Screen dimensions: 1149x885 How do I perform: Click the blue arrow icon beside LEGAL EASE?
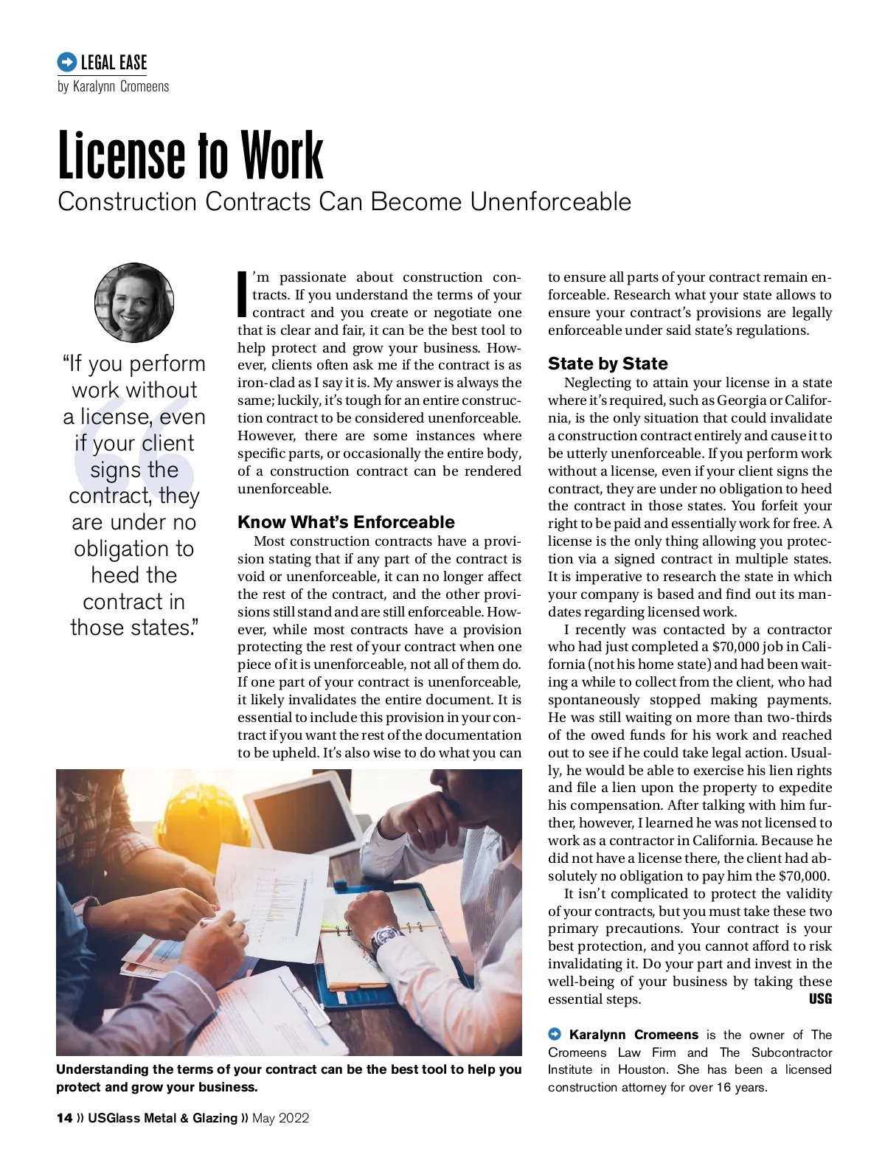pyautogui.click(x=66, y=62)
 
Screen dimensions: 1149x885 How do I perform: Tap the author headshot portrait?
pyautogui.click(x=134, y=302)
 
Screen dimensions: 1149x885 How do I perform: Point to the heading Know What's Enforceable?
pyautogui.click(x=346, y=522)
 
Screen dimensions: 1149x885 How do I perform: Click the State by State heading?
pyautogui.click(x=608, y=364)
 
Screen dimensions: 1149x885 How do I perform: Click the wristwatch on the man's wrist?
pyautogui.click(x=385, y=938)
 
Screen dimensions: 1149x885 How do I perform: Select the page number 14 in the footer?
pyautogui.click(x=64, y=1118)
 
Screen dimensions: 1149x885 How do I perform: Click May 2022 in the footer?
pyautogui.click(x=280, y=1118)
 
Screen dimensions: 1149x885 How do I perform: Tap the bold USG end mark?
pyautogui.click(x=820, y=999)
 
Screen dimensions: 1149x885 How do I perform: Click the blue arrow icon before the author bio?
pyautogui.click(x=555, y=1035)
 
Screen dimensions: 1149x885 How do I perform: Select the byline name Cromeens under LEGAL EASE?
pyautogui.click(x=145, y=87)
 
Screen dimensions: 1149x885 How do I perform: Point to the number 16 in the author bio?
pyautogui.click(x=723, y=1087)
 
